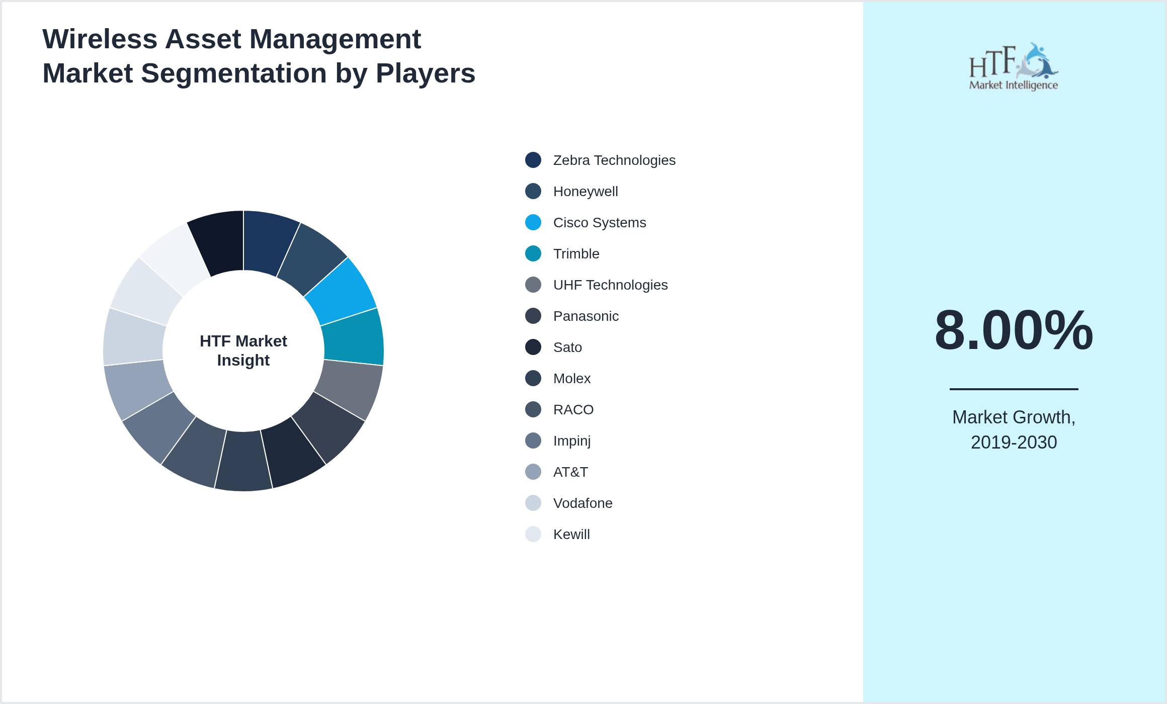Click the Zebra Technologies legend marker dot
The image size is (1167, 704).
pyautogui.click(x=533, y=160)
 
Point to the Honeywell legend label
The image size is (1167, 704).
pyautogui.click(x=585, y=192)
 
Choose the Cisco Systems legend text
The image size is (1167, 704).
pyautogui.click(x=599, y=223)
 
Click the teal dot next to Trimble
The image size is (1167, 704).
pyautogui.click(x=533, y=253)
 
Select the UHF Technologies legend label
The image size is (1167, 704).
pyautogui.click(x=610, y=285)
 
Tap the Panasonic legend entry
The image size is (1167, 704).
pyautogui.click(x=586, y=316)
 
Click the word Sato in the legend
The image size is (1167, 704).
pyautogui.click(x=567, y=347)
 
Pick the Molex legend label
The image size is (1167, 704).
pyautogui.click(x=571, y=379)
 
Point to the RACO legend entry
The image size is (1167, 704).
pyautogui.click(x=573, y=410)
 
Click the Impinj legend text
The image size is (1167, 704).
pyautogui.click(x=571, y=441)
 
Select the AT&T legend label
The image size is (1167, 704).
pyautogui.click(x=570, y=472)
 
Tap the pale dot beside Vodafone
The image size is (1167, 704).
pyautogui.click(x=533, y=503)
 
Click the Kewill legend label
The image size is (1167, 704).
pyautogui.click(x=571, y=535)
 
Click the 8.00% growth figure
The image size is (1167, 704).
pyautogui.click(x=1014, y=330)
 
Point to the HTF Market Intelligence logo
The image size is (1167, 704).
pyautogui.click(x=1014, y=67)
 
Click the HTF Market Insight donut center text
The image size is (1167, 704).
pyautogui.click(x=243, y=350)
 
